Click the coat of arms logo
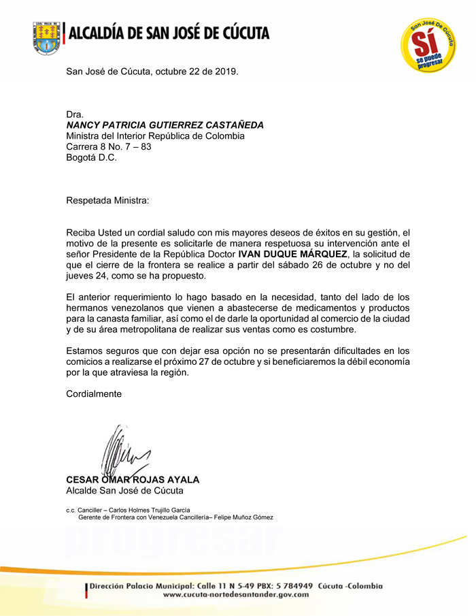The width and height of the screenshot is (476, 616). click(46, 37)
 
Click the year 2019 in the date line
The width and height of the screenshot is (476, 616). click(225, 71)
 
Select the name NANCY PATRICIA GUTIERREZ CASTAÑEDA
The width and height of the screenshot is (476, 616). click(165, 125)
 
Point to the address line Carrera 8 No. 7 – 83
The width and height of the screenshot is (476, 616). click(109, 147)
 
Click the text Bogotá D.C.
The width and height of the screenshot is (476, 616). click(91, 158)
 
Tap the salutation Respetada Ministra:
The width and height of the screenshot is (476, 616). click(106, 201)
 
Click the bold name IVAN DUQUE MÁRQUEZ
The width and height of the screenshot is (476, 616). click(288, 255)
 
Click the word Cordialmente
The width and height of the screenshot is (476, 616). click(94, 394)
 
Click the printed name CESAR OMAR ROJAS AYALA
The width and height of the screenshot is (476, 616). click(133, 479)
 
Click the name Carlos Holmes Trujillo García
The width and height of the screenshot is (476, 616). click(146, 510)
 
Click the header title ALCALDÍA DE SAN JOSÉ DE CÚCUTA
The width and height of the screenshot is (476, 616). click(170, 32)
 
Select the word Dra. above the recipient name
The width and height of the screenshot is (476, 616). click(74, 114)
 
